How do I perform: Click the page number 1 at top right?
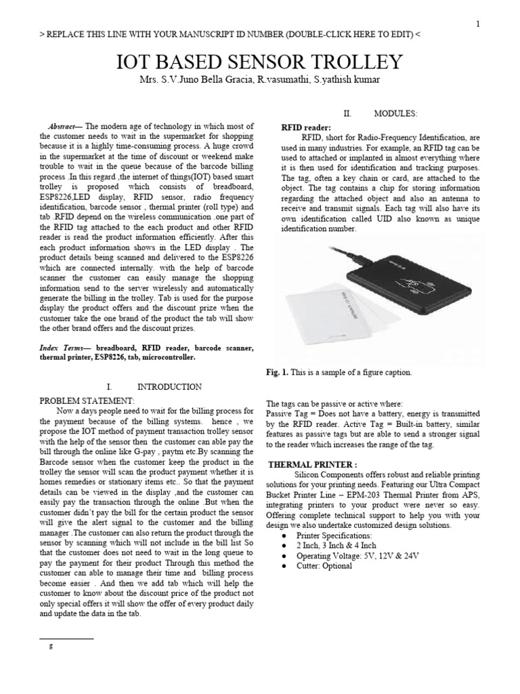[478, 24]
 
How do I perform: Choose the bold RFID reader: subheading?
[305, 127]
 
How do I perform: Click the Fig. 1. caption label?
[278, 373]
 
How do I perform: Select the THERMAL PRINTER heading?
[313, 465]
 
